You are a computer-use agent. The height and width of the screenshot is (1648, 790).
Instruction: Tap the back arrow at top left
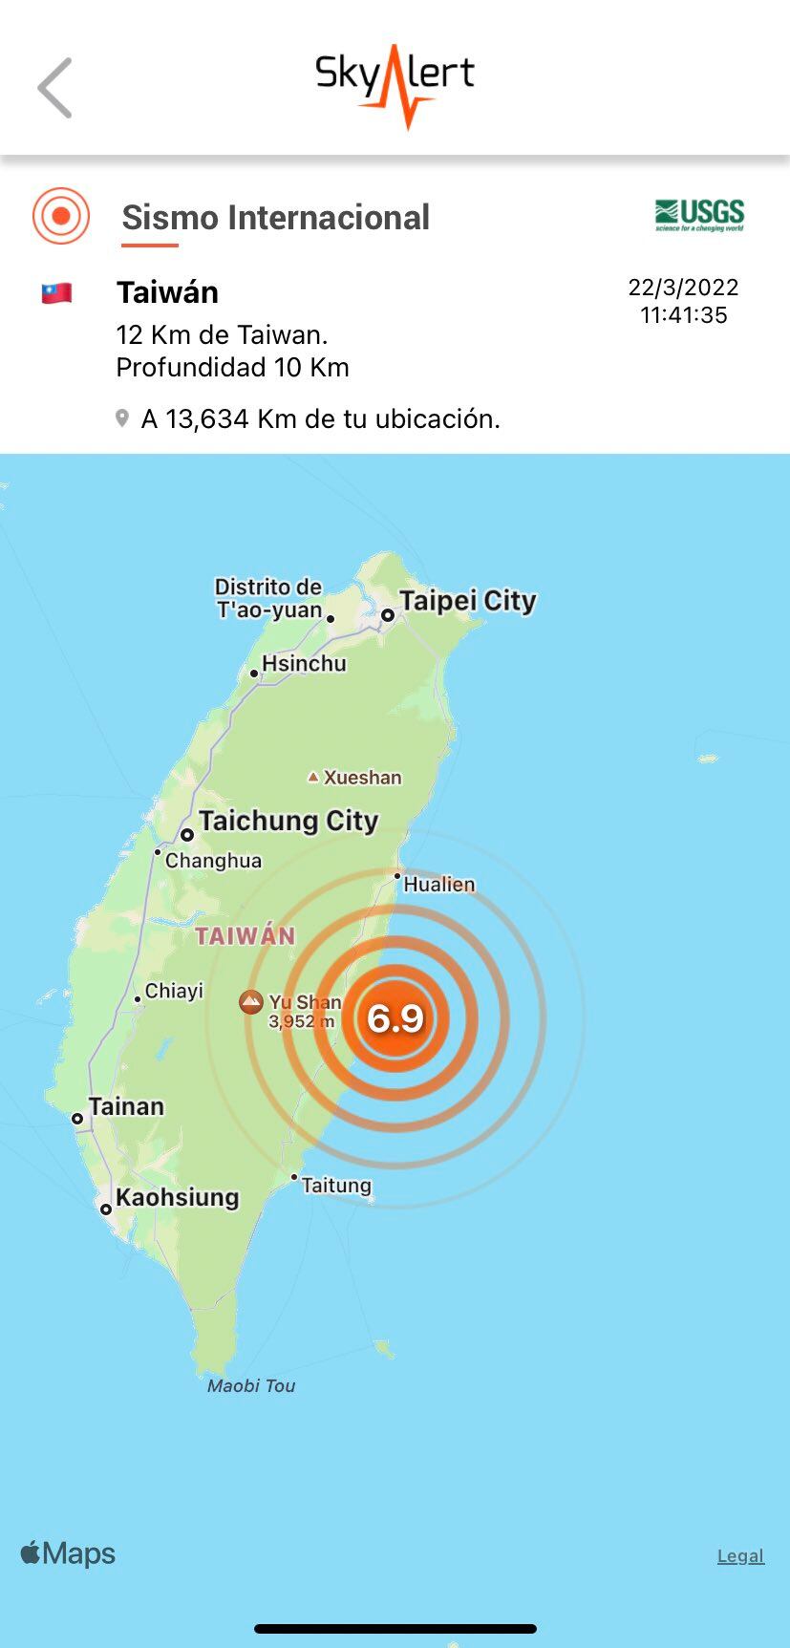tap(54, 88)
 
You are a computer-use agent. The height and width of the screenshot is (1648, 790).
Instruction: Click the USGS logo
tap(699, 215)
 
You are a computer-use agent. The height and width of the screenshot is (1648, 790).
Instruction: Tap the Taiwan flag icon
tap(56, 293)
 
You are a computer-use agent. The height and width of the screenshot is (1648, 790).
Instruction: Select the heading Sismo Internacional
tap(275, 218)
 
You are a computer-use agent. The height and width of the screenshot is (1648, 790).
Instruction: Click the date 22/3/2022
tap(683, 288)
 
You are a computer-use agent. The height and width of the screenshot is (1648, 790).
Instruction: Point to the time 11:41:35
tap(683, 315)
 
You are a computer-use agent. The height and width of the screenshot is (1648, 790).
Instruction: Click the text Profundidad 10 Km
tap(232, 368)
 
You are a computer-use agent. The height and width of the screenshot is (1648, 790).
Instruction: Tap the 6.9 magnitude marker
tap(395, 1018)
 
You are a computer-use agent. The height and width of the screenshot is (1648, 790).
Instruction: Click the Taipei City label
tap(467, 601)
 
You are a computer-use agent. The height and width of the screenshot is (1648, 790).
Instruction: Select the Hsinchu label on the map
tap(304, 663)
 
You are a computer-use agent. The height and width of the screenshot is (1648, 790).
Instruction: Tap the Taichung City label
tap(288, 821)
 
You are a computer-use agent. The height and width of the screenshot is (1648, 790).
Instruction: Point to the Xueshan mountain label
tap(362, 778)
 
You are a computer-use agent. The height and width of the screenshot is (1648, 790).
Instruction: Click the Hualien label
tap(438, 885)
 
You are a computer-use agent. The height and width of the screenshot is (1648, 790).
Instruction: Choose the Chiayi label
tap(174, 991)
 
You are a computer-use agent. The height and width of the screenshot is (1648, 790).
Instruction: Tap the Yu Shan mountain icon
tap(251, 1002)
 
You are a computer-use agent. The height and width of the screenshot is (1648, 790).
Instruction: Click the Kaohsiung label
tap(177, 1197)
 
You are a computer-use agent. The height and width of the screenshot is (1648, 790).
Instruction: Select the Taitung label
tap(336, 1186)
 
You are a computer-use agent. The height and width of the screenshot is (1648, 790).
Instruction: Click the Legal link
tap(740, 1556)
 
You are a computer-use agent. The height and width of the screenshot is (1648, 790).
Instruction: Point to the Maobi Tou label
tap(251, 1386)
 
